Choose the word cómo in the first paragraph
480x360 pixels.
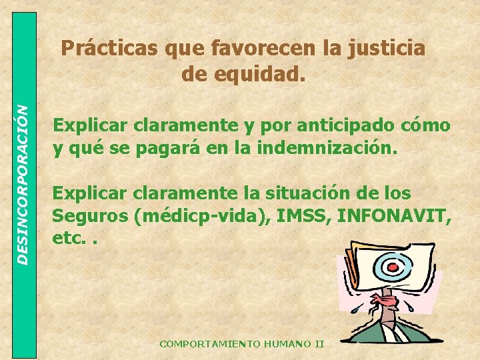425,126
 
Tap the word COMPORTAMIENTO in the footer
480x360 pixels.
201,344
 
